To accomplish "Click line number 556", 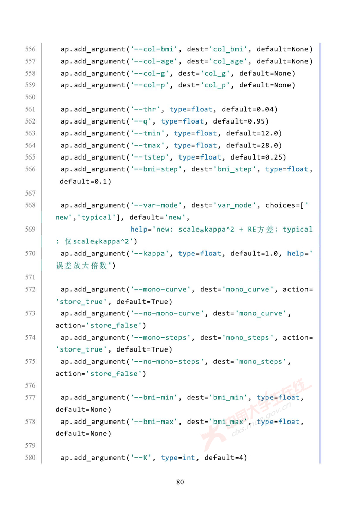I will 30,49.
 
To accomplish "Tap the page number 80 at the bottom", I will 180,482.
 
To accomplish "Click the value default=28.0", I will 254,145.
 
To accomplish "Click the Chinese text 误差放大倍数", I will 83,266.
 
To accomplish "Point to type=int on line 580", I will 178,458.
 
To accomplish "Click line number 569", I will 30,229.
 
